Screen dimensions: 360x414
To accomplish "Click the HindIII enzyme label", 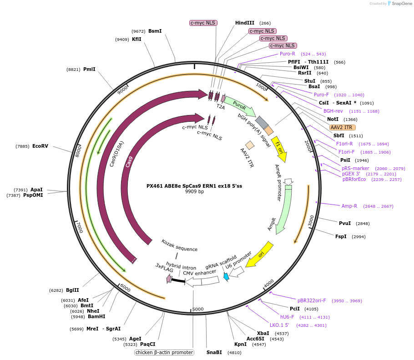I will [244, 23].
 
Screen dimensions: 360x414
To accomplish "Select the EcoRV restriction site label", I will [40, 146].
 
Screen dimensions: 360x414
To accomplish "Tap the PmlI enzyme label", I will [89, 70].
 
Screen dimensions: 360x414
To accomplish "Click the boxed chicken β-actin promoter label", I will [164, 352].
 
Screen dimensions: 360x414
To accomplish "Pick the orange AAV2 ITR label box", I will [342, 127].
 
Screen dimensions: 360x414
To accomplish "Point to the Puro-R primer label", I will [288, 54].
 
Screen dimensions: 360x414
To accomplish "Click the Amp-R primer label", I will [349, 206].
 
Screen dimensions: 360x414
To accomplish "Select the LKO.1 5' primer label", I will [279, 325].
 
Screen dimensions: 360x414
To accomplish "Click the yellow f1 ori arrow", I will [279, 149].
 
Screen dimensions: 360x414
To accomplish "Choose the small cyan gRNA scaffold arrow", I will [226, 276].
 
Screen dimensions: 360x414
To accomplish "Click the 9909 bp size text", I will [194, 192].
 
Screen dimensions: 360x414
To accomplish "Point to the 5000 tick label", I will [197, 309].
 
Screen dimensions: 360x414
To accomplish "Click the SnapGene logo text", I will [402, 4].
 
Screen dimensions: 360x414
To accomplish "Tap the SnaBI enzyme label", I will [214, 352].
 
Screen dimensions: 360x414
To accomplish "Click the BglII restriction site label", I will [72, 290].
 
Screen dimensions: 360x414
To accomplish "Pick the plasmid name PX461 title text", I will [194, 185].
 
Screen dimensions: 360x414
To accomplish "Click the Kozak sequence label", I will [179, 245].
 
